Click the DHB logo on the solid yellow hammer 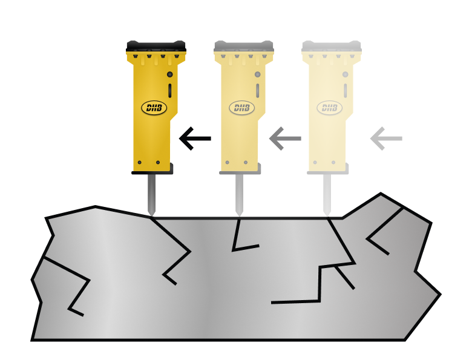[154, 108]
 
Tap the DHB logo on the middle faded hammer [242, 108]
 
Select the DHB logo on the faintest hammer [330, 108]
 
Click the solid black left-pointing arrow [195, 139]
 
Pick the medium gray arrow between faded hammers [285, 139]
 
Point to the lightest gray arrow [386, 139]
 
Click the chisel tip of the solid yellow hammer [151, 215]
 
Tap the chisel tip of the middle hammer [239, 215]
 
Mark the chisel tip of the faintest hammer [327, 215]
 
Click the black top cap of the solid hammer [156, 46]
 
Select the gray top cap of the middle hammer [244, 46]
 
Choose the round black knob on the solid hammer [170, 74]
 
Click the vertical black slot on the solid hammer [170, 91]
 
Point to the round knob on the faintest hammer [346, 74]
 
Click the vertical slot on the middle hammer [258, 91]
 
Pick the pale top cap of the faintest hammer [332, 46]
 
